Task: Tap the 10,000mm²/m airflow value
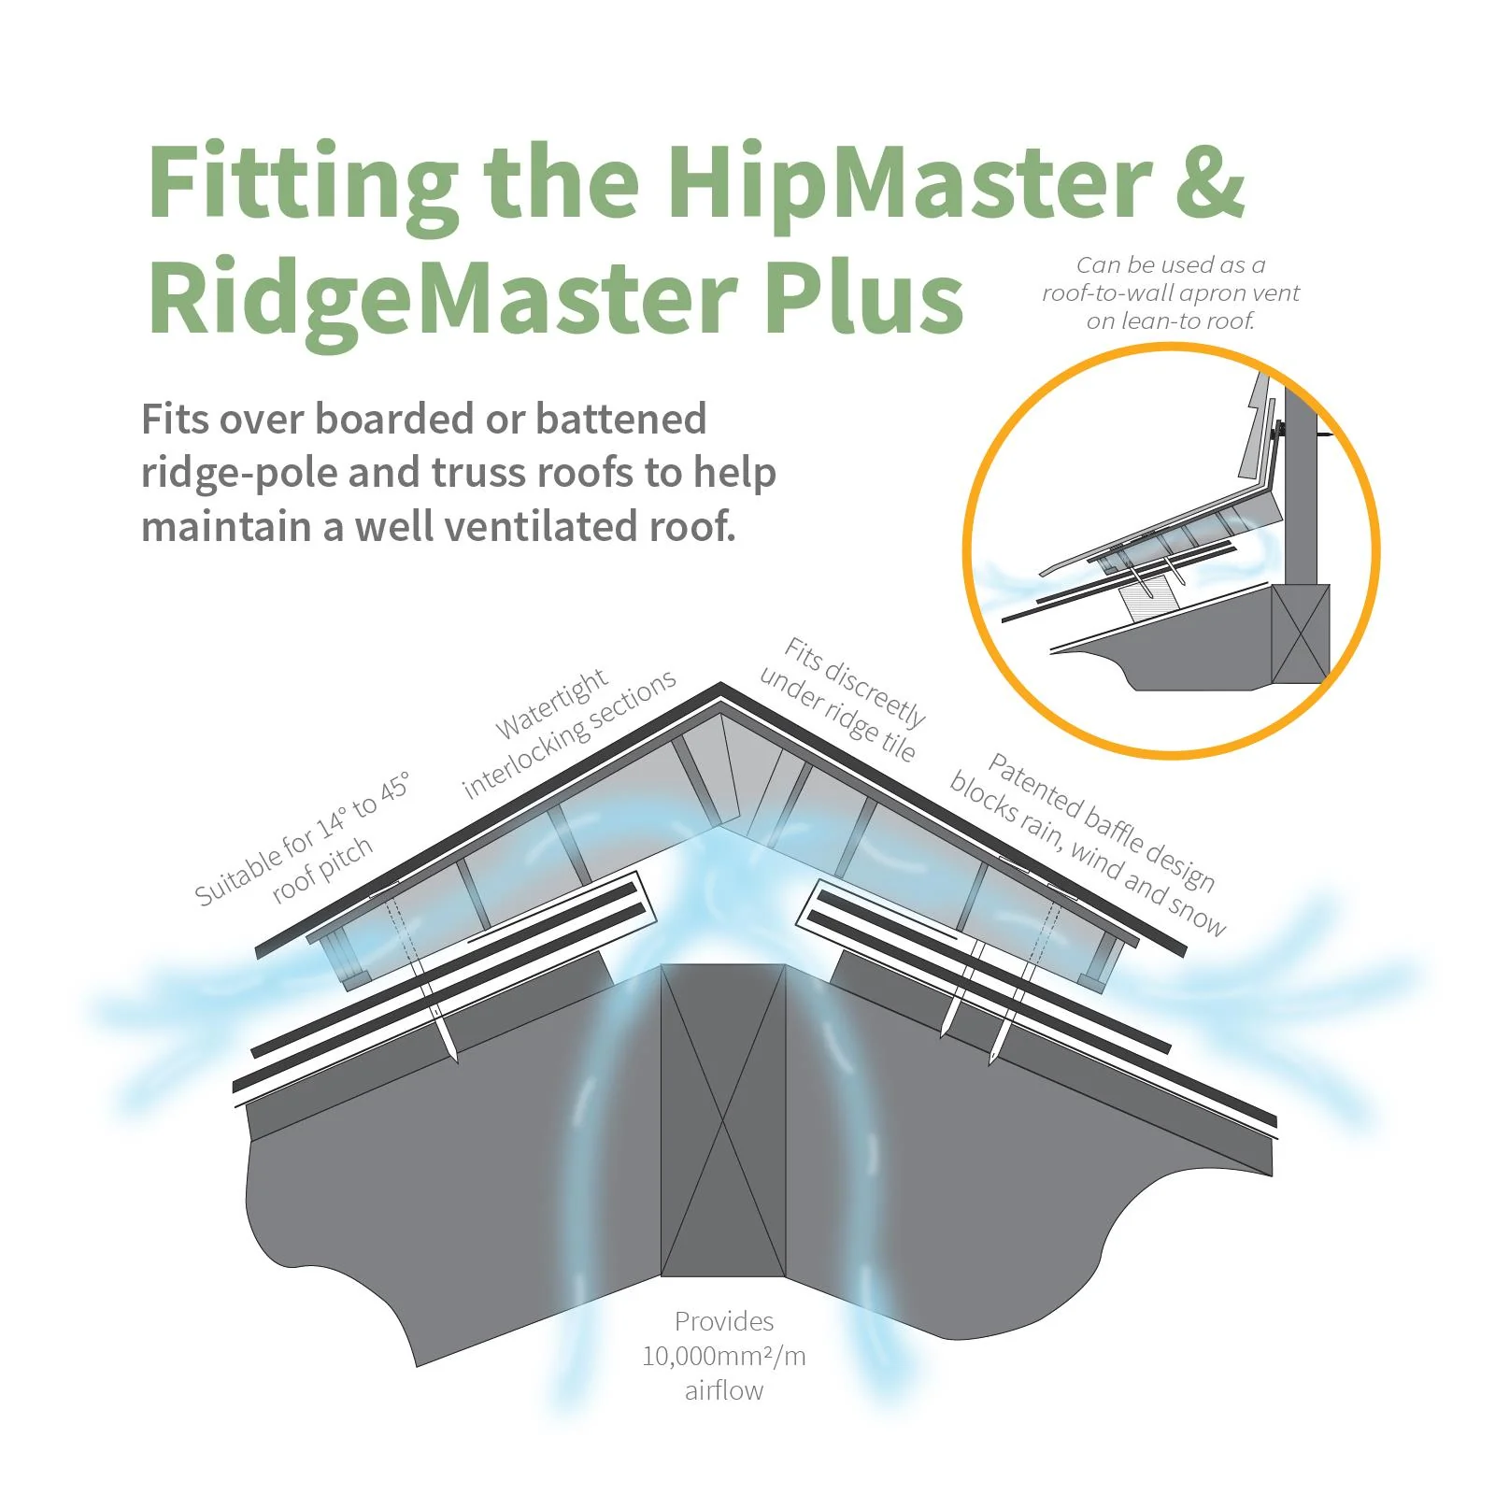pyautogui.click(x=723, y=1356)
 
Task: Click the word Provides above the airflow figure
pyautogui.click(x=723, y=1321)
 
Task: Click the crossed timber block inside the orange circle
pyautogui.click(x=1300, y=634)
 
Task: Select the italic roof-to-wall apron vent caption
pyautogui.click(x=1170, y=292)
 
